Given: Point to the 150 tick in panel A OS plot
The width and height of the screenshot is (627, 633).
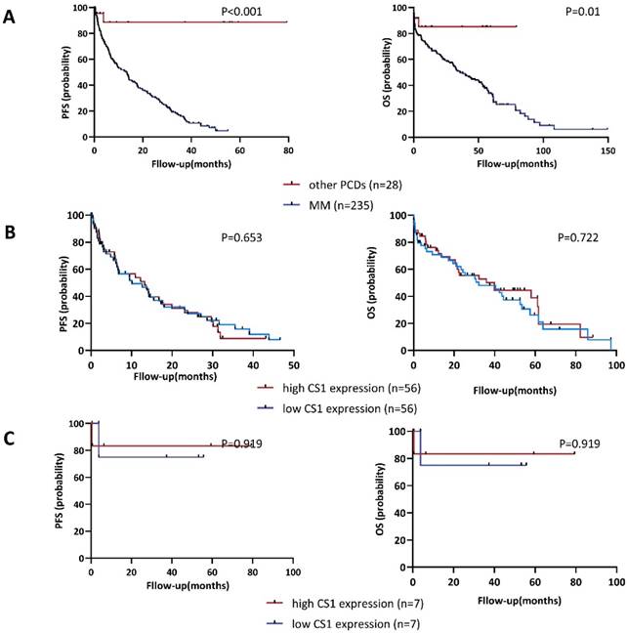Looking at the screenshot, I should click(606, 151).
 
